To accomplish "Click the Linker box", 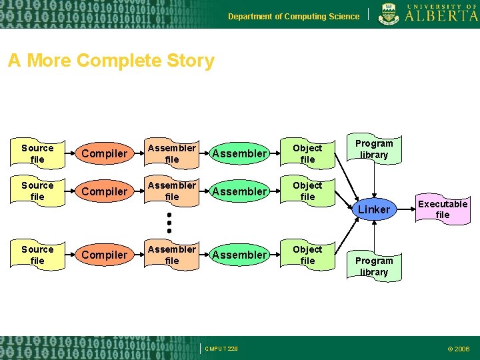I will [x=374, y=209].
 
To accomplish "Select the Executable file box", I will [x=443, y=209].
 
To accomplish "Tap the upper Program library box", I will [x=374, y=149].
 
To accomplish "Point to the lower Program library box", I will [x=374, y=266].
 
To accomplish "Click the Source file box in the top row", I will [x=37, y=154].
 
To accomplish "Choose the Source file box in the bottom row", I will [x=37, y=255].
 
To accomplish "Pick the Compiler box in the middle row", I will [x=104, y=191].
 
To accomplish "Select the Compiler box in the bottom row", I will [x=104, y=255].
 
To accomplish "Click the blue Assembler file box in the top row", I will [x=172, y=154].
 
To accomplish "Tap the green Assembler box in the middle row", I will [x=239, y=191].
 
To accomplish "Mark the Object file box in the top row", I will [x=307, y=154].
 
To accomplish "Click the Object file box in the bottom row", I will [x=307, y=255].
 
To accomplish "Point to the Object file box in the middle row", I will [x=307, y=191].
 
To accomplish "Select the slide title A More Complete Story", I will [x=111, y=61].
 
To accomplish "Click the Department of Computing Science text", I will [x=293, y=16].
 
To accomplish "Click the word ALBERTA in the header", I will [x=441, y=16].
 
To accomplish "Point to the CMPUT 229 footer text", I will [x=221, y=349].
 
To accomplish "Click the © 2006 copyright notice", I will [x=458, y=349].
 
